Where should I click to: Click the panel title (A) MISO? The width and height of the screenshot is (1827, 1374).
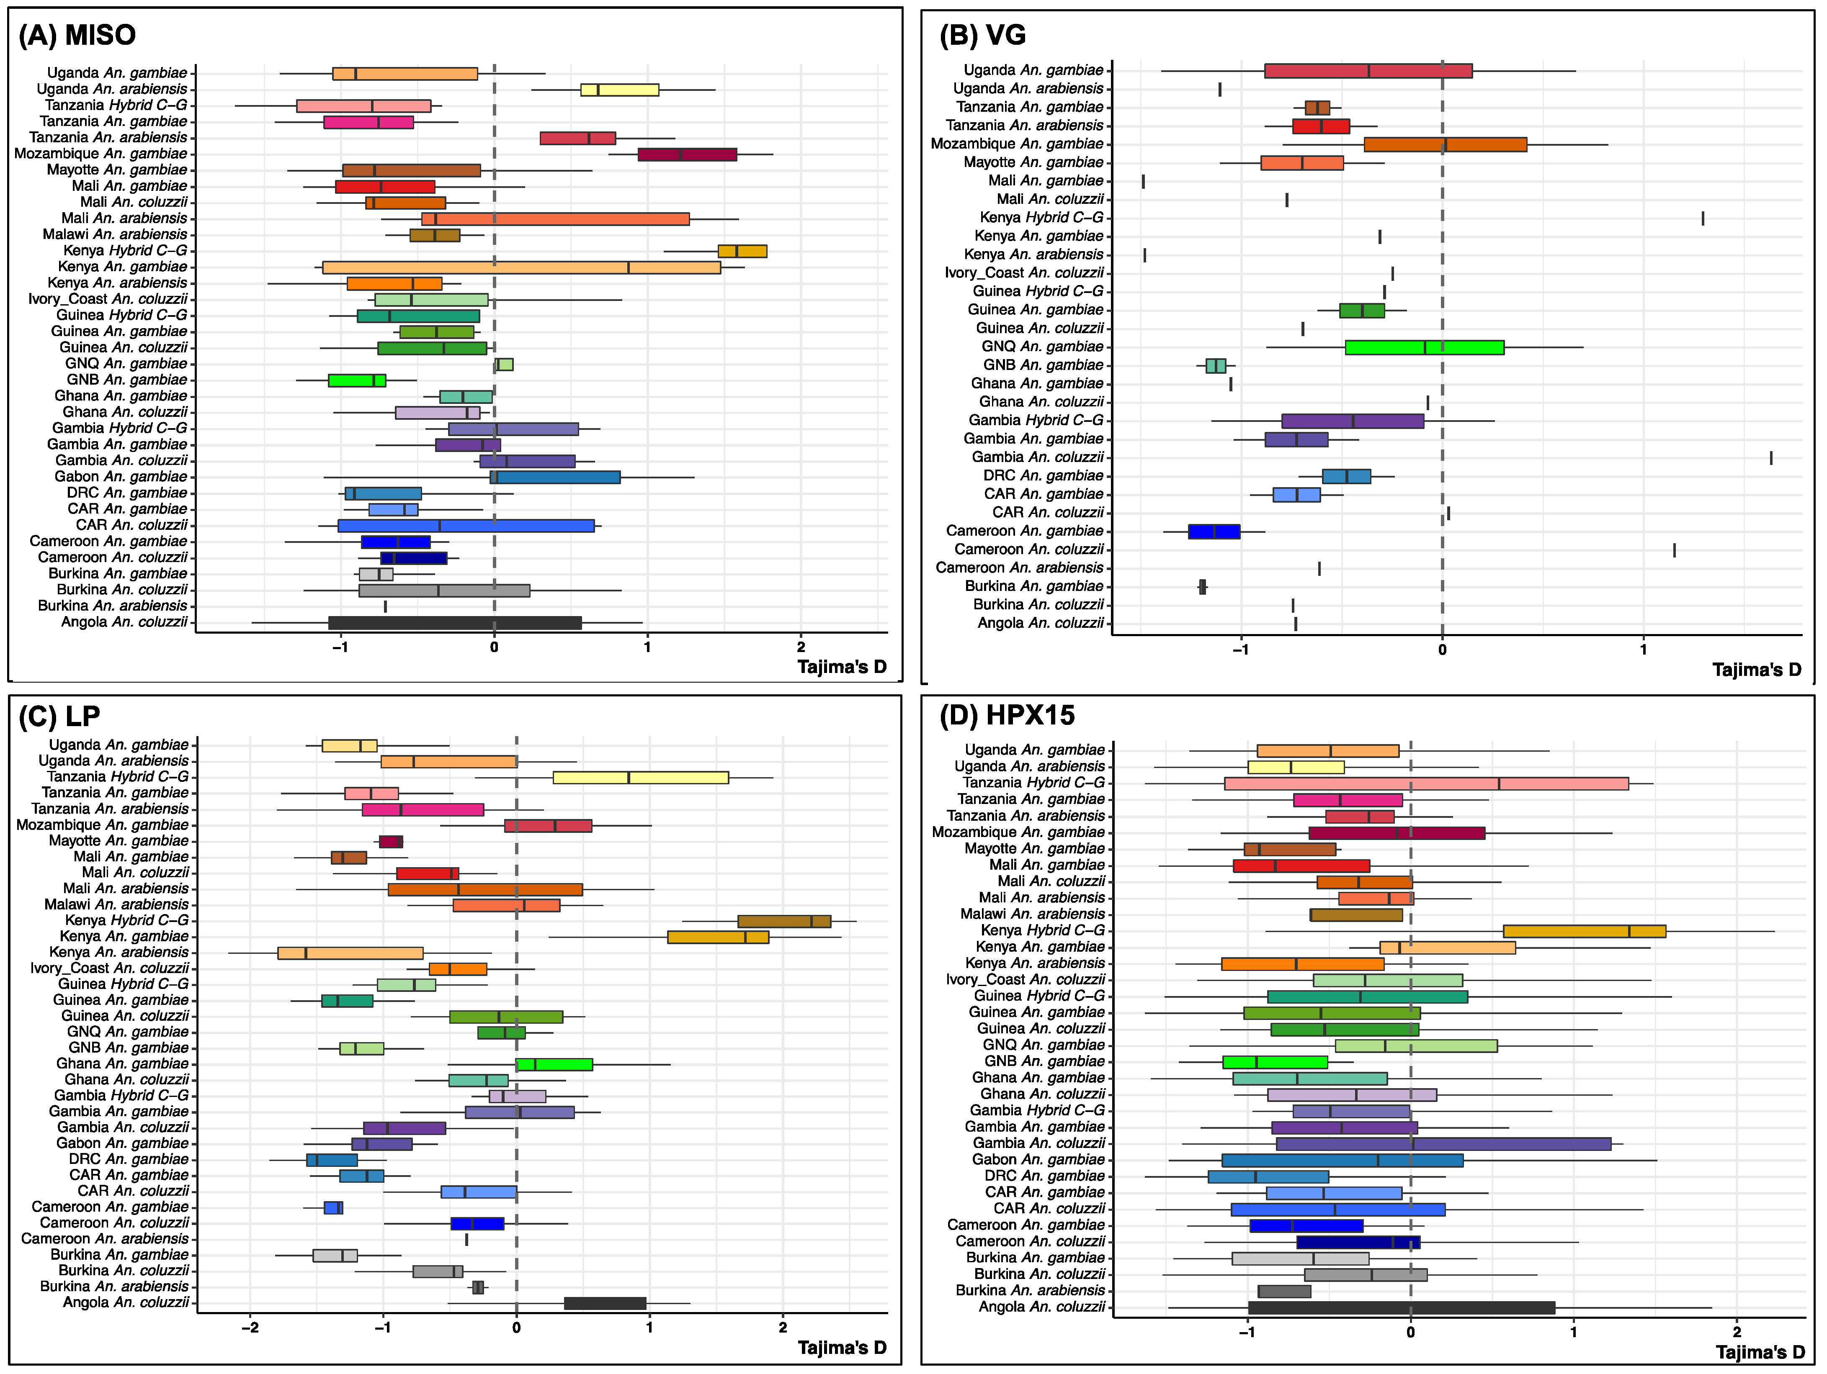click(x=77, y=36)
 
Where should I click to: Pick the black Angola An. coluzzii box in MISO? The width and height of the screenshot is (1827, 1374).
click(x=454, y=623)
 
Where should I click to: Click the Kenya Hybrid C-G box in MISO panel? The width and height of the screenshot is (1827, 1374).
click(x=742, y=251)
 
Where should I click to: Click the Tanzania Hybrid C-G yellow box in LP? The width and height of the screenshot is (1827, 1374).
click(x=640, y=777)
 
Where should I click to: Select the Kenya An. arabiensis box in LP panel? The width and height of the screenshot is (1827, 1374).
click(x=350, y=953)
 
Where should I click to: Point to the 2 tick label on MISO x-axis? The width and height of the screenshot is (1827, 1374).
click(x=800, y=647)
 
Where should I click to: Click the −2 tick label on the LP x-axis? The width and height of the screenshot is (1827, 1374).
click(x=250, y=1328)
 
